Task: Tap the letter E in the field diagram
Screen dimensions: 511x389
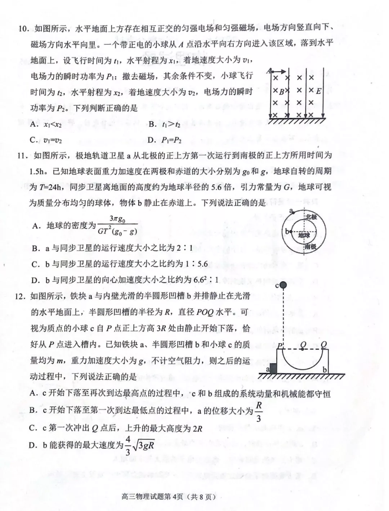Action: point(318,91)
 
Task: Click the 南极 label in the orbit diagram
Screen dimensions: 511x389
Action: point(310,246)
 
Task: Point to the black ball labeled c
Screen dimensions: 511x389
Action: point(283,286)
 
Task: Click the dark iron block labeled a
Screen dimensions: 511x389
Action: point(273,368)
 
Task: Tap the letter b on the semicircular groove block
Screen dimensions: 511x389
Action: point(325,369)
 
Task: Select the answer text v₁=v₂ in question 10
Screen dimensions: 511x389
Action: point(53,140)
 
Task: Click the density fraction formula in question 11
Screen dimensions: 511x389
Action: point(117,225)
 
